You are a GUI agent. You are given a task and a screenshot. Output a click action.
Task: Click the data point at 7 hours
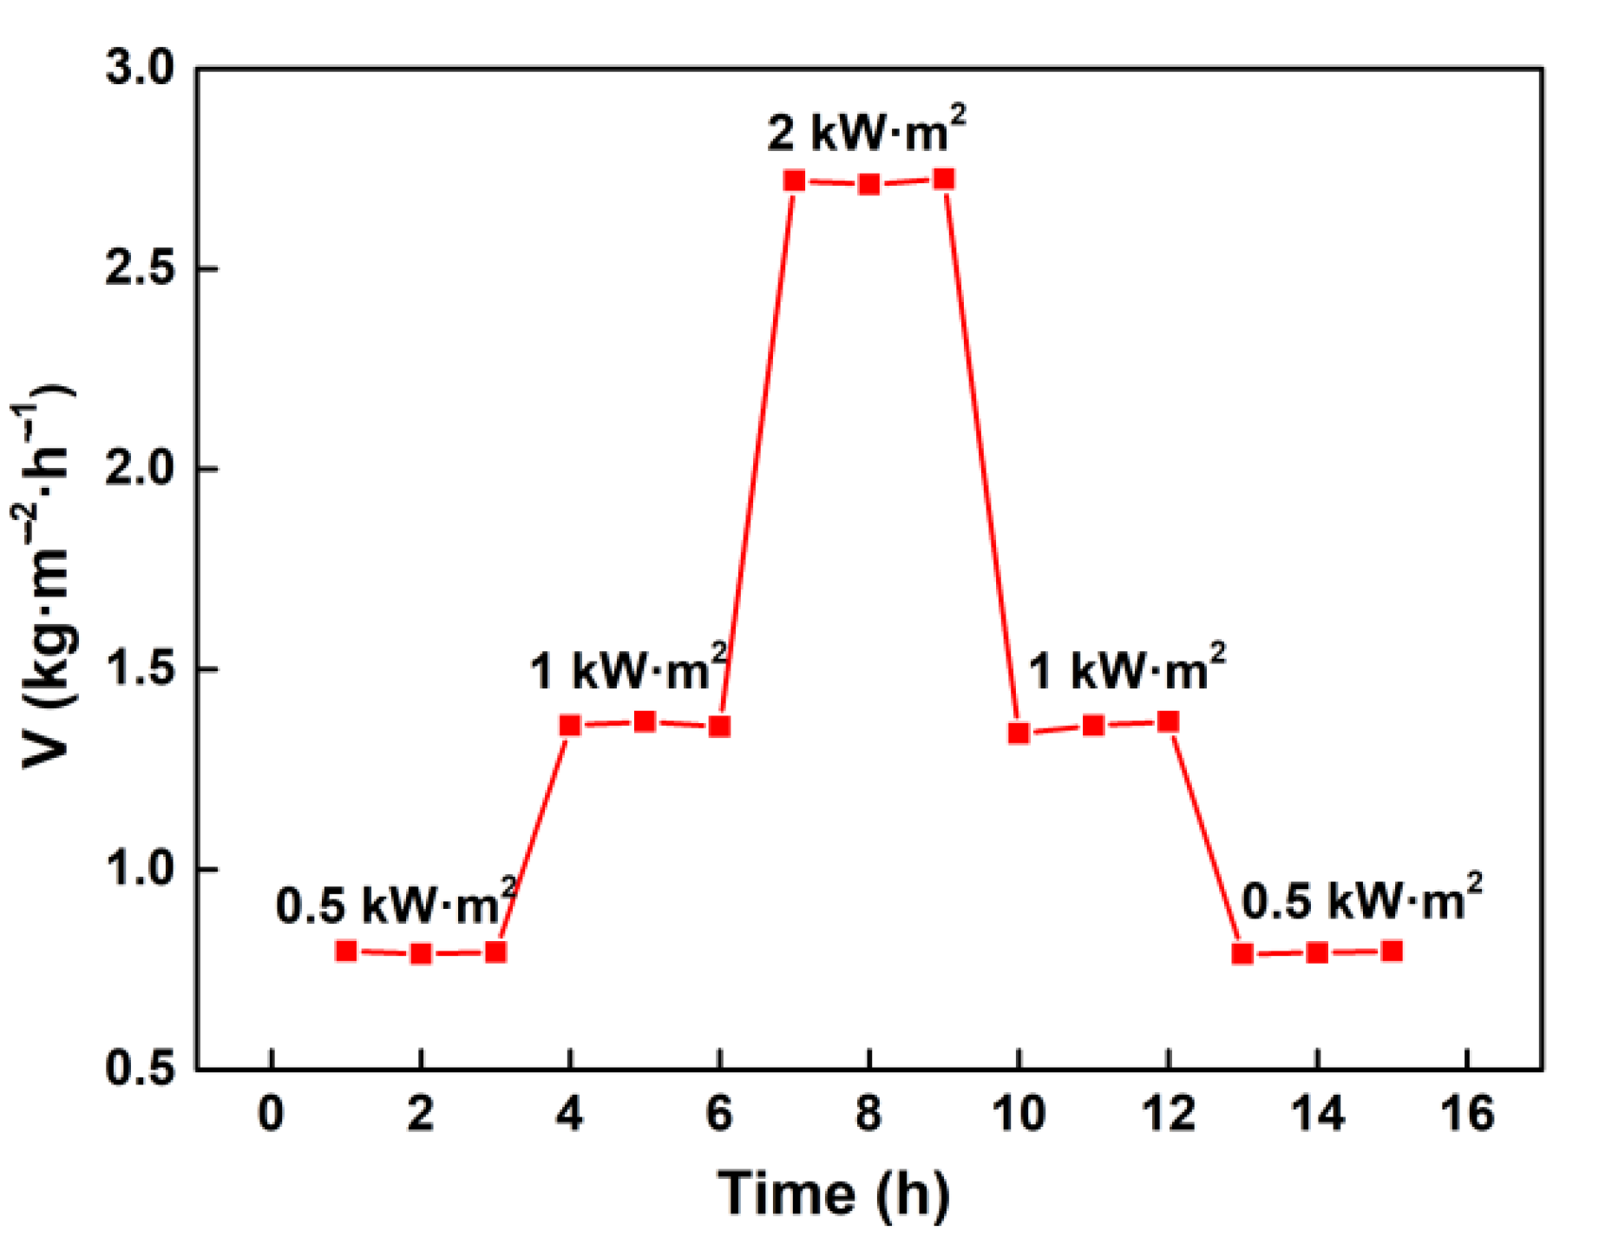pyautogui.click(x=794, y=181)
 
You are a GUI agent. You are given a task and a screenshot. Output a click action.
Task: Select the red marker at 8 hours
pyautogui.click(x=869, y=184)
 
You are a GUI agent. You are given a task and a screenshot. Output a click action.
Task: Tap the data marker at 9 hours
pyautogui.click(x=944, y=180)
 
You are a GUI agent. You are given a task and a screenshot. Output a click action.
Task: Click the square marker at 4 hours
pyautogui.click(x=570, y=725)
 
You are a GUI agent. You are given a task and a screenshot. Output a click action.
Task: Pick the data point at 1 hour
pyautogui.click(x=346, y=951)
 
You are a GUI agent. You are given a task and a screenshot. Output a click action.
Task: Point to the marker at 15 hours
pyautogui.click(x=1392, y=951)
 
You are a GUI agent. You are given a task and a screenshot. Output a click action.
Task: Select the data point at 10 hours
pyautogui.click(x=1019, y=733)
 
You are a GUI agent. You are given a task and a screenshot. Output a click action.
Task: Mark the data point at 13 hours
pyautogui.click(x=1242, y=953)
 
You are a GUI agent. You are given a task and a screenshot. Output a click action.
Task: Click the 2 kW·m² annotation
pyautogui.click(x=866, y=130)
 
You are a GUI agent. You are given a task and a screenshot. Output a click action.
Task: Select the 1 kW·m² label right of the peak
pyautogui.click(x=1126, y=669)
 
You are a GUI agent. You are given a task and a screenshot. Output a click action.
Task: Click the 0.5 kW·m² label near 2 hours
pyautogui.click(x=396, y=903)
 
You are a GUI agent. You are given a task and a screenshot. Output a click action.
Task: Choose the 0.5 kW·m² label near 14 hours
pyautogui.click(x=1361, y=899)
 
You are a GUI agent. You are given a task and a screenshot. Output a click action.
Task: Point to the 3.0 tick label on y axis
pyautogui.click(x=139, y=68)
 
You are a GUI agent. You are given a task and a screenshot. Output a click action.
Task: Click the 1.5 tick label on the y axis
pyautogui.click(x=139, y=668)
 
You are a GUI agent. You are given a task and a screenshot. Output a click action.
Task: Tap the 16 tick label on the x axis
pyautogui.click(x=1467, y=1113)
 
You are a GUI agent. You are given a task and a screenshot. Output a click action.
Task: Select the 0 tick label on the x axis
pyautogui.click(x=272, y=1113)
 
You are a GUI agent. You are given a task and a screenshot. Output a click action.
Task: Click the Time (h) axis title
pyautogui.click(x=834, y=1194)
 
